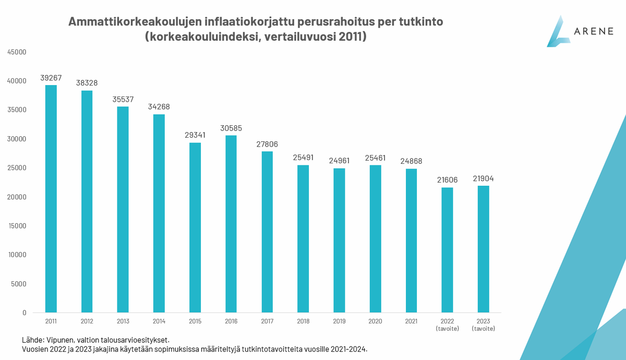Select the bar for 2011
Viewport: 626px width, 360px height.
pyautogui.click(x=51, y=199)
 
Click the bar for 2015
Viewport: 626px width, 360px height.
pyautogui.click(x=195, y=227)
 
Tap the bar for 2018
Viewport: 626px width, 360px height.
pyautogui.click(x=303, y=239)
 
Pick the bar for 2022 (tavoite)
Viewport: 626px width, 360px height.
pyautogui.click(x=447, y=250)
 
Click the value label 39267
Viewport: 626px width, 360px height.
pyautogui.click(x=51, y=78)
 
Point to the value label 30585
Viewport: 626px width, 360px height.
pyautogui.click(x=231, y=128)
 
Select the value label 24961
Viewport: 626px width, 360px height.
pyautogui.click(x=339, y=161)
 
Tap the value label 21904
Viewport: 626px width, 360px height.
pyautogui.click(x=483, y=178)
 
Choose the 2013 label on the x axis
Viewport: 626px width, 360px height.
pyautogui.click(x=123, y=321)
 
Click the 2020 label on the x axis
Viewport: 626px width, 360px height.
pyautogui.click(x=375, y=321)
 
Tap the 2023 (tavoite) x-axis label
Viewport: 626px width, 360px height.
pyautogui.click(x=483, y=325)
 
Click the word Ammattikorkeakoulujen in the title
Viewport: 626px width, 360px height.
pyautogui.click(x=130, y=22)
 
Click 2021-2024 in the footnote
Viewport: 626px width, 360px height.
pyautogui.click(x=347, y=349)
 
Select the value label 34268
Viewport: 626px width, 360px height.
pyautogui.click(x=159, y=107)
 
